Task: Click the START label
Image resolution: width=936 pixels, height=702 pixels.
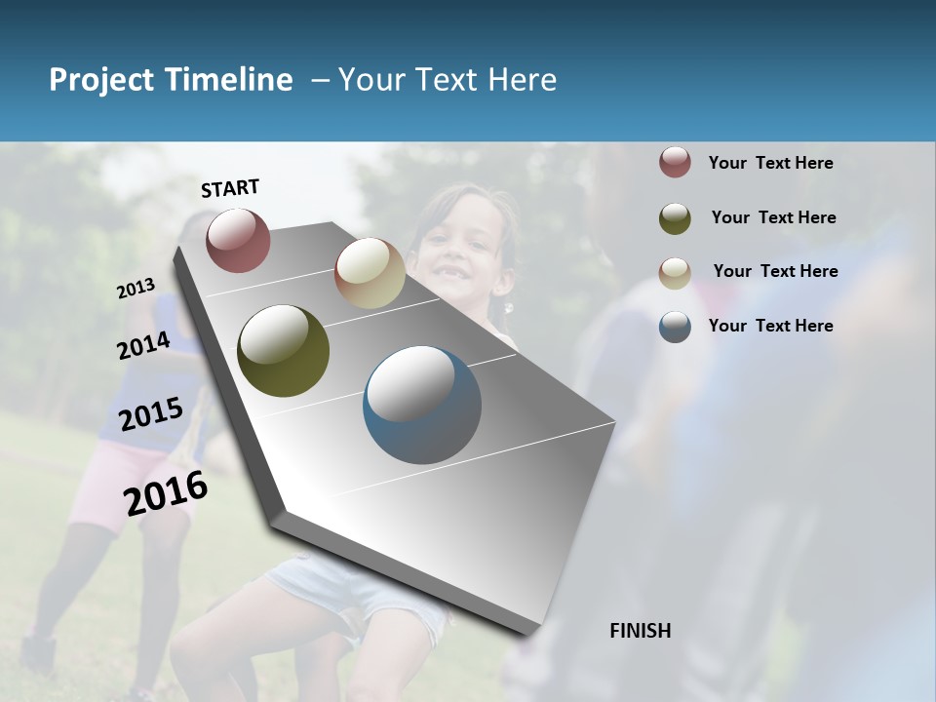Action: point(230,188)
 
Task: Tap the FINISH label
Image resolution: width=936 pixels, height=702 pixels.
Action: point(641,631)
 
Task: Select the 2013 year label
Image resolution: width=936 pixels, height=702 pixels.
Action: point(136,289)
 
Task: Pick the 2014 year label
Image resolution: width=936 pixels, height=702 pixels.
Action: point(144,345)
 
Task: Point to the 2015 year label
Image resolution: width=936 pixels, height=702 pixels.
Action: point(151,414)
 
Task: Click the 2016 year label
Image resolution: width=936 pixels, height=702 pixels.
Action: point(166,493)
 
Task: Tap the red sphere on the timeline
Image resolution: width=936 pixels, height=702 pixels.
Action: point(238,240)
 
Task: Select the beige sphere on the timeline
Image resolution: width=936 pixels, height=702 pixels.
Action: point(370,273)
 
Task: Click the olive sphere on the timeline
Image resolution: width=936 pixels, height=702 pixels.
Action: point(284,351)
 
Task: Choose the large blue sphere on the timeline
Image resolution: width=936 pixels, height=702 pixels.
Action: point(422,405)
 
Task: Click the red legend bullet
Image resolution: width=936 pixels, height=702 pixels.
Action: point(675,163)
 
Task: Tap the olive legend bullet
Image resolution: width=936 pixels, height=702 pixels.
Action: point(675,218)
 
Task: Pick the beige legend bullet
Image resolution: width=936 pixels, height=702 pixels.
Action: point(675,272)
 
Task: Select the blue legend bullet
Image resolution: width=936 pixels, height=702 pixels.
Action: point(675,327)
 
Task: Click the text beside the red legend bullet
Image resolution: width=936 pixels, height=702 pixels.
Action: point(770,163)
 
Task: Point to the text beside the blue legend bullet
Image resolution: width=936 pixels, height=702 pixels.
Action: point(770,326)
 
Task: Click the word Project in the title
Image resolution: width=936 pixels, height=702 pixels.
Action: point(101,80)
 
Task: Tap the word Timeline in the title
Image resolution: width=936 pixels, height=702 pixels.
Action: point(228,80)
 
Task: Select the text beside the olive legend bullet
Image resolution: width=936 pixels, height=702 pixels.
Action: point(773,217)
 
